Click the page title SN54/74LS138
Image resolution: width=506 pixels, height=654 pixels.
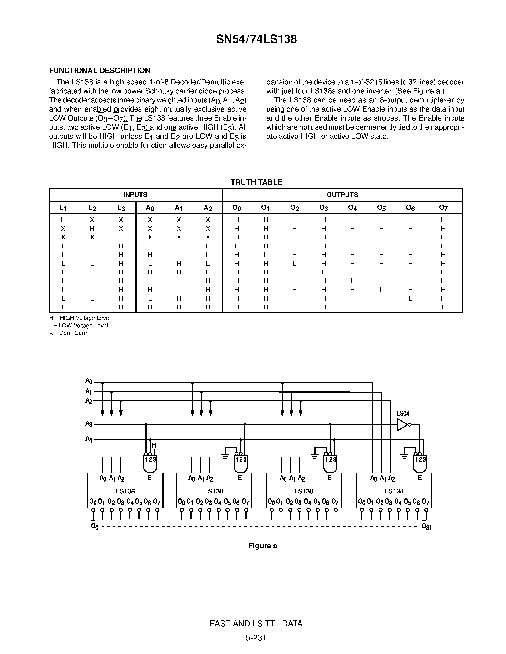click(x=256, y=39)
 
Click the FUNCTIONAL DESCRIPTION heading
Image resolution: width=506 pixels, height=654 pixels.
click(x=100, y=70)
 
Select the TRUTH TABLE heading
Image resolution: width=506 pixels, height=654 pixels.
click(x=256, y=182)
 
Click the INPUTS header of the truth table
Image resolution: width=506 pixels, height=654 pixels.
click(x=135, y=195)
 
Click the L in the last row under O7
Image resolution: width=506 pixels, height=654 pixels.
click(x=443, y=307)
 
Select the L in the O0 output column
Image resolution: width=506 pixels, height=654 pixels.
click(x=236, y=246)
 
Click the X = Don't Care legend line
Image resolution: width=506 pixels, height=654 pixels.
click(x=68, y=333)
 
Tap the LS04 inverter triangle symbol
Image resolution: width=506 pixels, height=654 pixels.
click(x=402, y=425)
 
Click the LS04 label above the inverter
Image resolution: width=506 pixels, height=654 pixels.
click(x=403, y=414)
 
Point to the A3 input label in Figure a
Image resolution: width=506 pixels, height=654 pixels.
click(x=89, y=424)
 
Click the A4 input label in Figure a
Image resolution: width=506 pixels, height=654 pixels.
click(x=89, y=439)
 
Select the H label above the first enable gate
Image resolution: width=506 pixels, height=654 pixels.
click(x=154, y=446)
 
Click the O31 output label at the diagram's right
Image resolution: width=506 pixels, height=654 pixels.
click(x=426, y=527)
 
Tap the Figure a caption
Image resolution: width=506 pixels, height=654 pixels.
click(x=262, y=546)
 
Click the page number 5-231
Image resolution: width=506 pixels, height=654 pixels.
click(x=256, y=638)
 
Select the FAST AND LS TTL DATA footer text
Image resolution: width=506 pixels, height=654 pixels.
click(x=256, y=624)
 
